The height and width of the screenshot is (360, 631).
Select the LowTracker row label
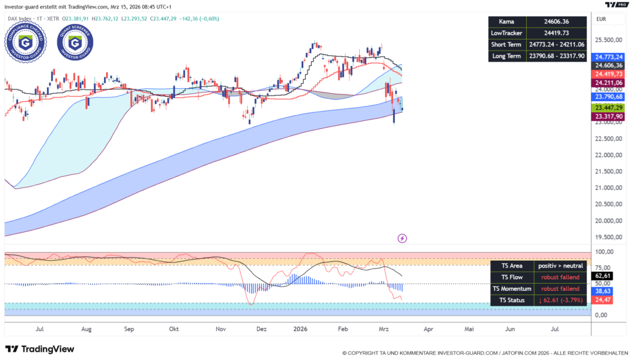pyautogui.click(x=506, y=33)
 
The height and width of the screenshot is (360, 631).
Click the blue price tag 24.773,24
pyautogui.click(x=608, y=56)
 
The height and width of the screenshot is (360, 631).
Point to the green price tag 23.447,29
pyautogui.click(x=608, y=107)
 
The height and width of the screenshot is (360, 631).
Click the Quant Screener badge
pyautogui.click(x=75, y=41)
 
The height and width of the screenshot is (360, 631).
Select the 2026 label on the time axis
pyautogui.click(x=301, y=330)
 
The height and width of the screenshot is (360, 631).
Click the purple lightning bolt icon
pyautogui.click(x=402, y=238)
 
